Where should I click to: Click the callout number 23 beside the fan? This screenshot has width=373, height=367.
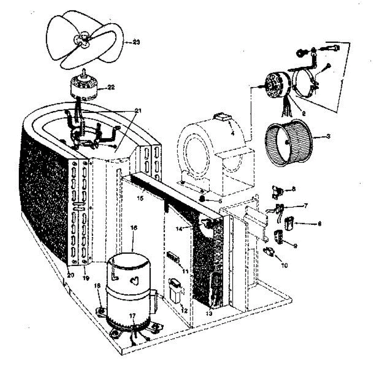[136, 42]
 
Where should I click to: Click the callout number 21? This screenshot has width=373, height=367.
[138, 111]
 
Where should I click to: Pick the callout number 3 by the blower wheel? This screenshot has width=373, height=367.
[328, 136]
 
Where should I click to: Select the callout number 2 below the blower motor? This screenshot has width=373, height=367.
[304, 113]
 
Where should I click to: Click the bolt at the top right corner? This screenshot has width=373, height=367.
[332, 48]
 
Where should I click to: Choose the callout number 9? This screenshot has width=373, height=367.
[295, 246]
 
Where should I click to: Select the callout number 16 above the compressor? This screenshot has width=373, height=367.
[134, 228]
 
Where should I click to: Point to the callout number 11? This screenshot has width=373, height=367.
[185, 271]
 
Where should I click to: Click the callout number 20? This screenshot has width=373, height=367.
[71, 275]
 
